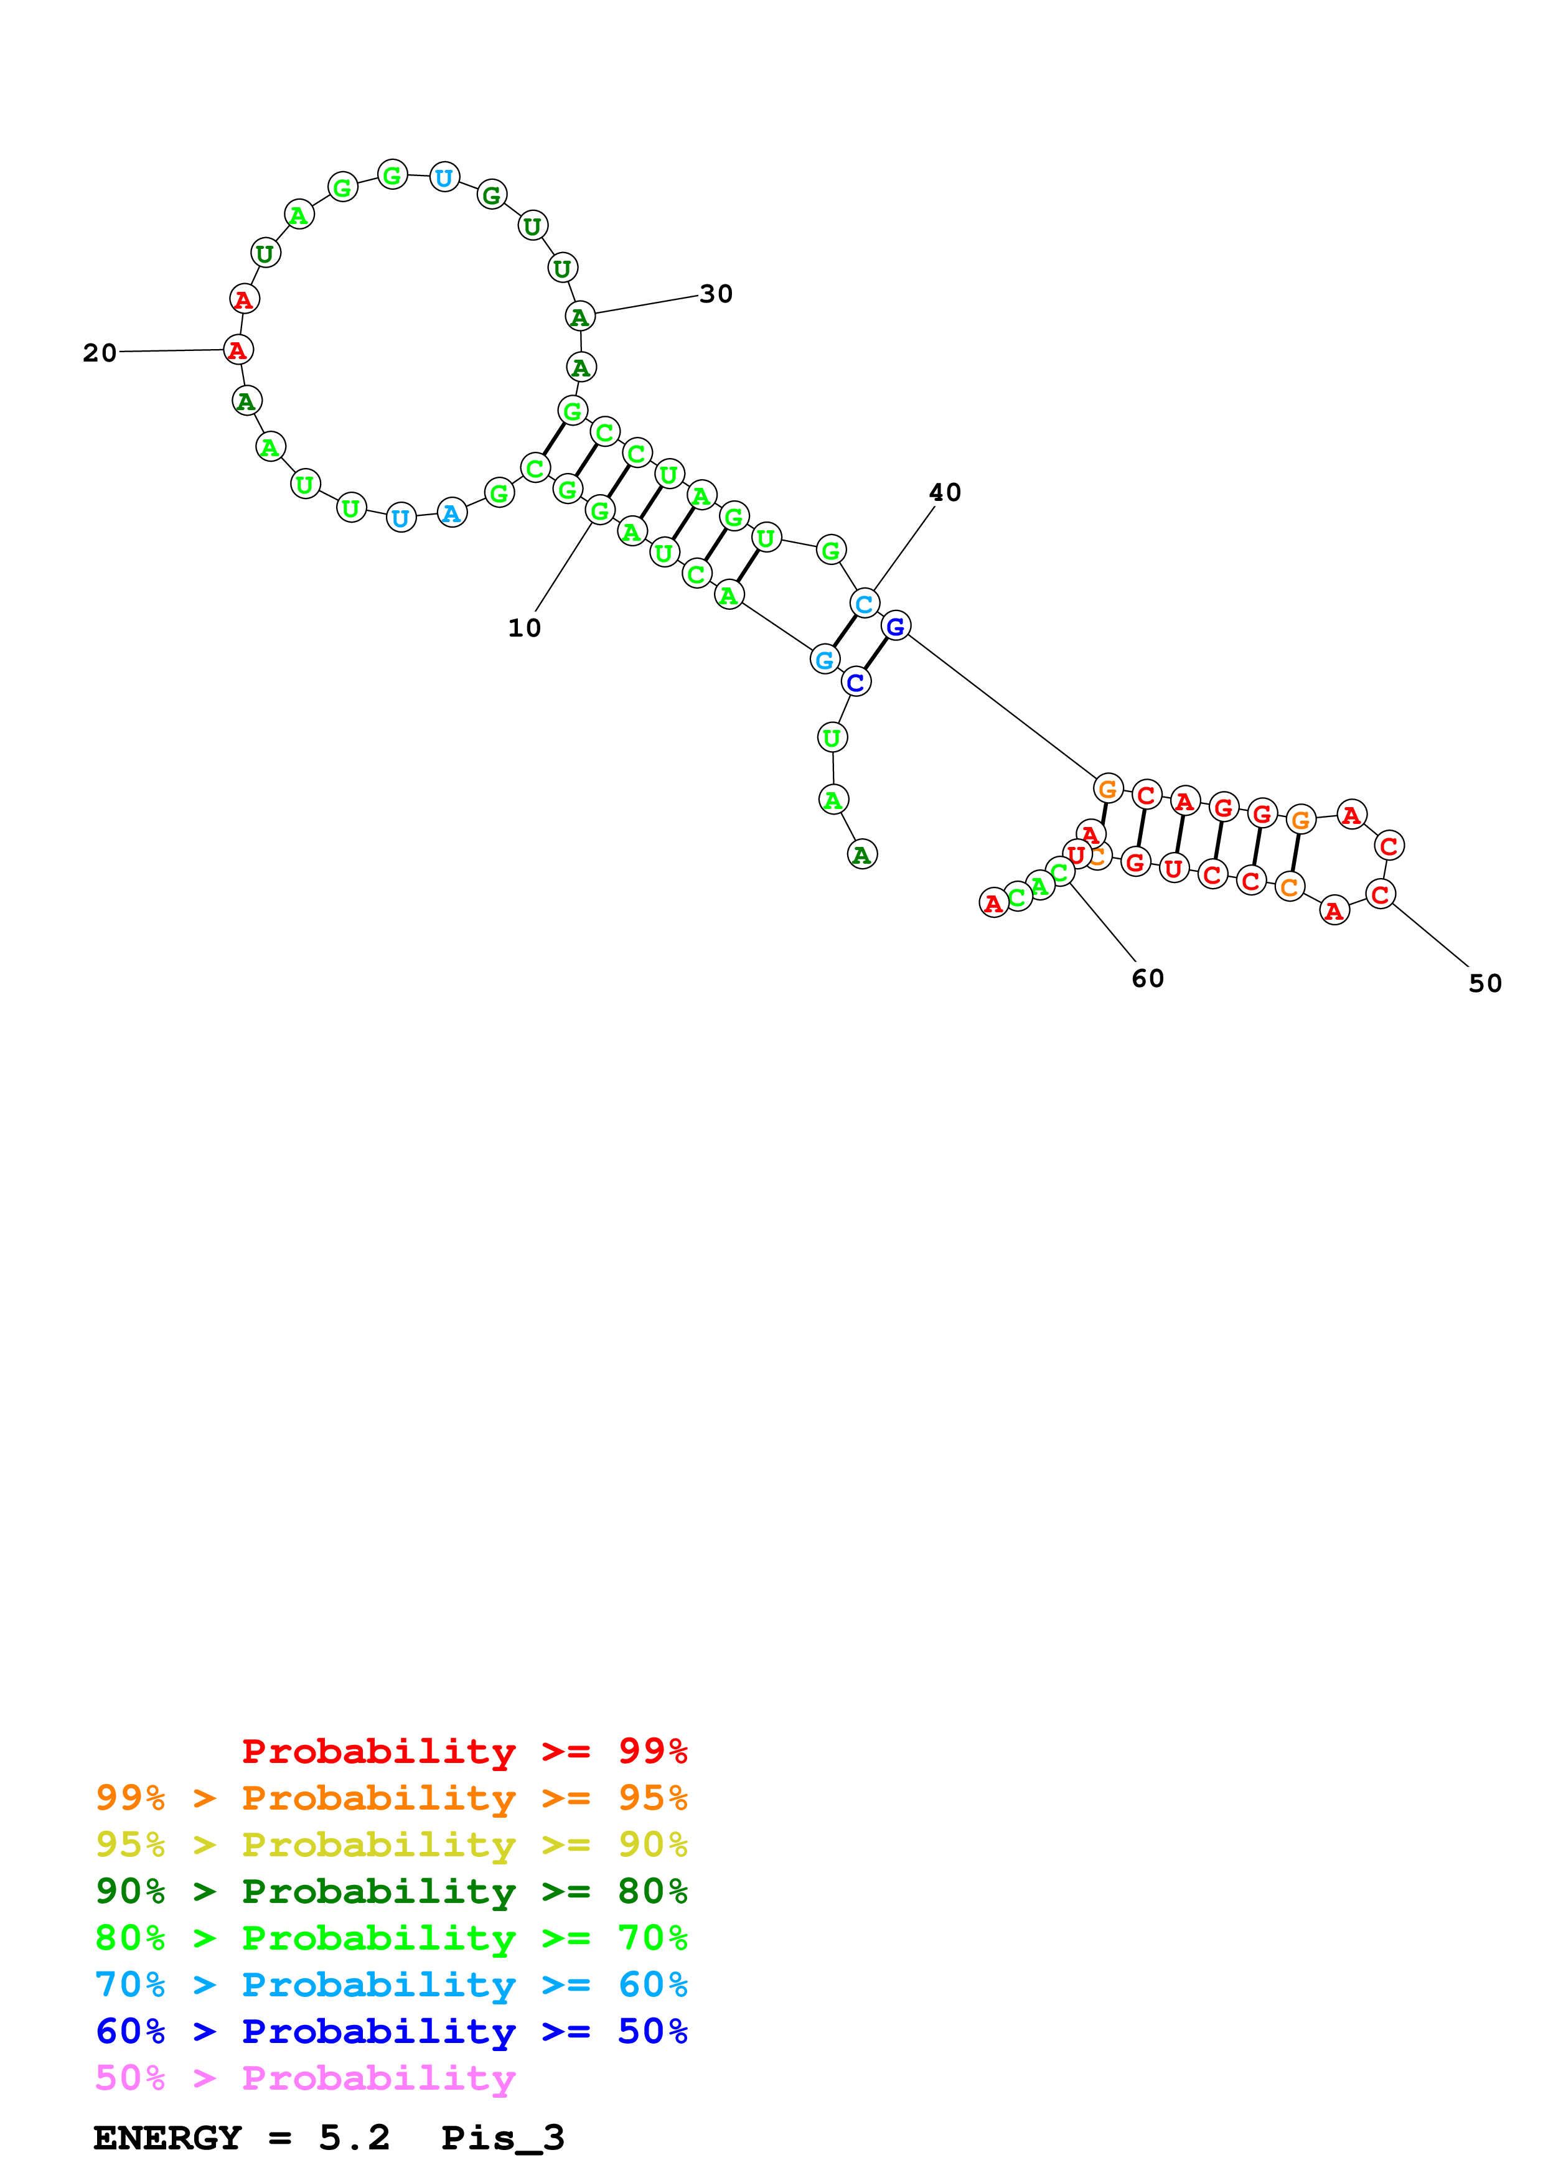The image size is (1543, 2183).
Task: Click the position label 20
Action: pyautogui.click(x=100, y=353)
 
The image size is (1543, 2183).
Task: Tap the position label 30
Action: pyautogui.click(x=716, y=294)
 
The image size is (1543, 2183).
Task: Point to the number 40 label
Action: pyautogui.click(x=944, y=492)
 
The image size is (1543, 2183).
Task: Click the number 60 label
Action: pyautogui.click(x=1148, y=978)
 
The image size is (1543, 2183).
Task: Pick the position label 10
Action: pyautogui.click(x=524, y=627)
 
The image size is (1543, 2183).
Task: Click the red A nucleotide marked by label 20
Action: pyautogui.click(x=238, y=350)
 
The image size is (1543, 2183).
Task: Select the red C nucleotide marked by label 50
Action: pyautogui.click(x=1379, y=894)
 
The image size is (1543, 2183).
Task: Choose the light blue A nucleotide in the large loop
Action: pyautogui.click(x=452, y=513)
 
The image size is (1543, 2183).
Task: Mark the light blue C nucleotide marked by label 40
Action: pyautogui.click(x=864, y=604)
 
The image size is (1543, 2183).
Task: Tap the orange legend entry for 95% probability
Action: pyautogui.click(x=391, y=1797)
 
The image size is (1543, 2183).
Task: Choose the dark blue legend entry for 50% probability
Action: pyautogui.click(x=391, y=2031)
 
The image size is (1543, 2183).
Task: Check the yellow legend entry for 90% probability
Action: pyautogui.click(x=391, y=1844)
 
